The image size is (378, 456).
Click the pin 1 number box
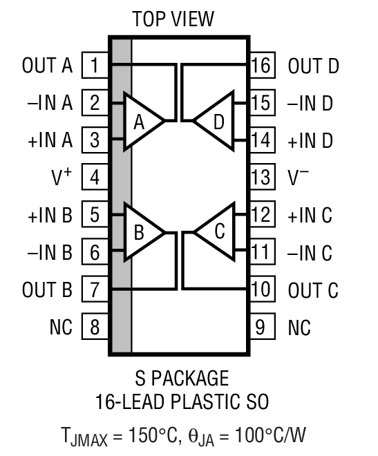pos(95,66)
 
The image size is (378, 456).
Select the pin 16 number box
pos(261,66)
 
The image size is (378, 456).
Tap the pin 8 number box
pos(95,326)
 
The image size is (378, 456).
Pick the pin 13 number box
pos(261,178)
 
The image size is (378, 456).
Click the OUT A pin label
pos(47,66)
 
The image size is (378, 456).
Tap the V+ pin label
pos(60,178)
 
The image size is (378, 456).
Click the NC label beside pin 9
pos(299,326)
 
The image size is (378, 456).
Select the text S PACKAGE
pos(180,379)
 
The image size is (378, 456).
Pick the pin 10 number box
pos(261,289)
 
